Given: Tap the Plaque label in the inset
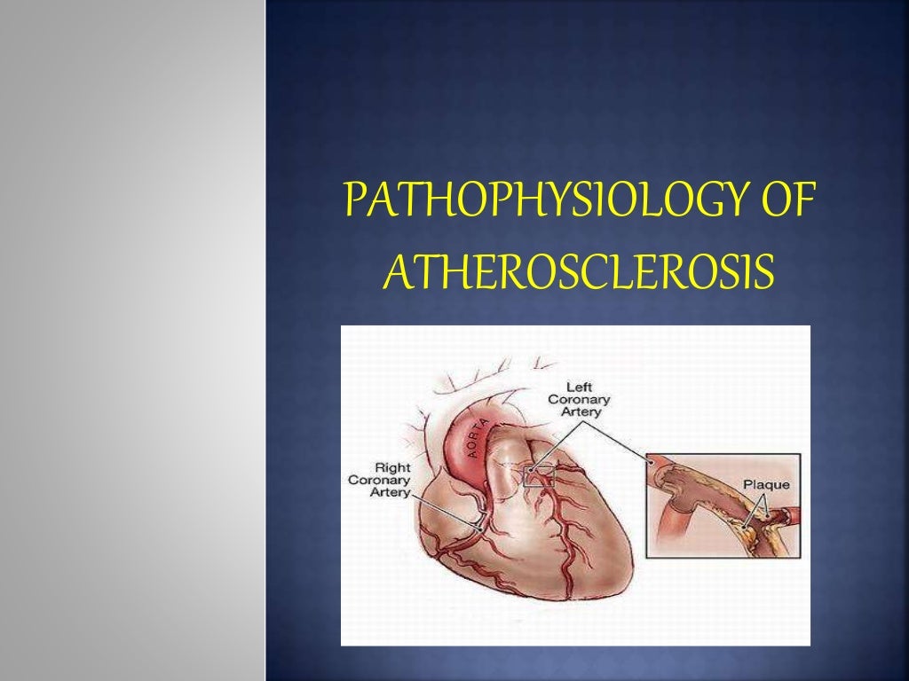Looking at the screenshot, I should pyautogui.click(x=765, y=485).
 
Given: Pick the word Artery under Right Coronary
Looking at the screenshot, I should pyautogui.click(x=389, y=493).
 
